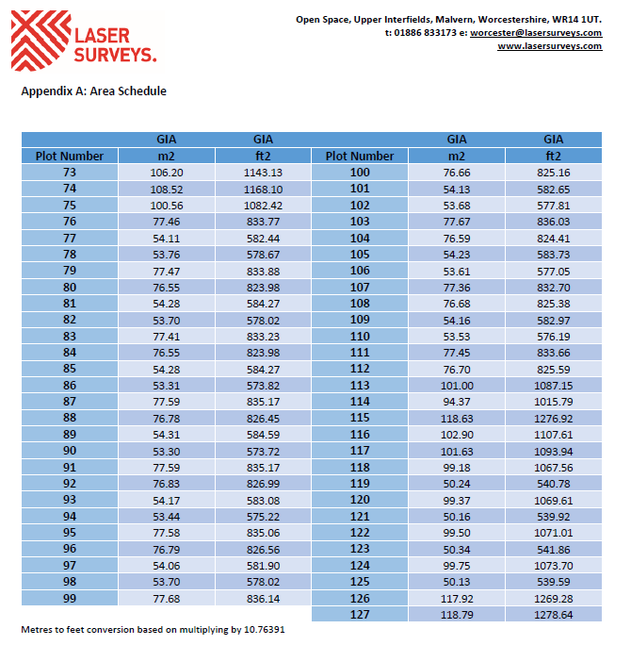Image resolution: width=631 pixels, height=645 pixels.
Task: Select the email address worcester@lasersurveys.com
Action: [x=536, y=32]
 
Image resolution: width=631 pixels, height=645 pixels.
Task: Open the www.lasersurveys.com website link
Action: [x=550, y=46]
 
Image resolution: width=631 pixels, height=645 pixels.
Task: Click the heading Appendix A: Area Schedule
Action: [x=93, y=91]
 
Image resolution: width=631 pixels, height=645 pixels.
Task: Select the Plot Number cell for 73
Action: [x=70, y=173]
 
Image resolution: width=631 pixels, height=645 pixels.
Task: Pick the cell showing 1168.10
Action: [x=264, y=189]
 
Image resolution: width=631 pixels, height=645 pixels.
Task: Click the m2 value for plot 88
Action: [x=167, y=418]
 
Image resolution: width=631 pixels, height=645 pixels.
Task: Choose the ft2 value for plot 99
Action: [x=264, y=599]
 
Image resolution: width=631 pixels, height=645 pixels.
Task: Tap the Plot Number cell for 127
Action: [x=360, y=615]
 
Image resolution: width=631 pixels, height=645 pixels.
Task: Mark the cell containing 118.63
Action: [x=457, y=418]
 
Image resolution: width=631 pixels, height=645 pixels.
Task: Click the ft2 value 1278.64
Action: [x=553, y=615]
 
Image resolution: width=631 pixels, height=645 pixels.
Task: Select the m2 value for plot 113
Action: [x=457, y=385]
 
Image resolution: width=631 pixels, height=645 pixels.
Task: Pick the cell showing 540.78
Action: [x=553, y=484]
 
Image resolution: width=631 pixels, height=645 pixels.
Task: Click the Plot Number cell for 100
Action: [x=360, y=173]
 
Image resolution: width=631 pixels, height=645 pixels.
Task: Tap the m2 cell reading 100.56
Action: [x=167, y=205]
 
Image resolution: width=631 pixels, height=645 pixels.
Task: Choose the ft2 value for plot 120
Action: [x=553, y=500]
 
